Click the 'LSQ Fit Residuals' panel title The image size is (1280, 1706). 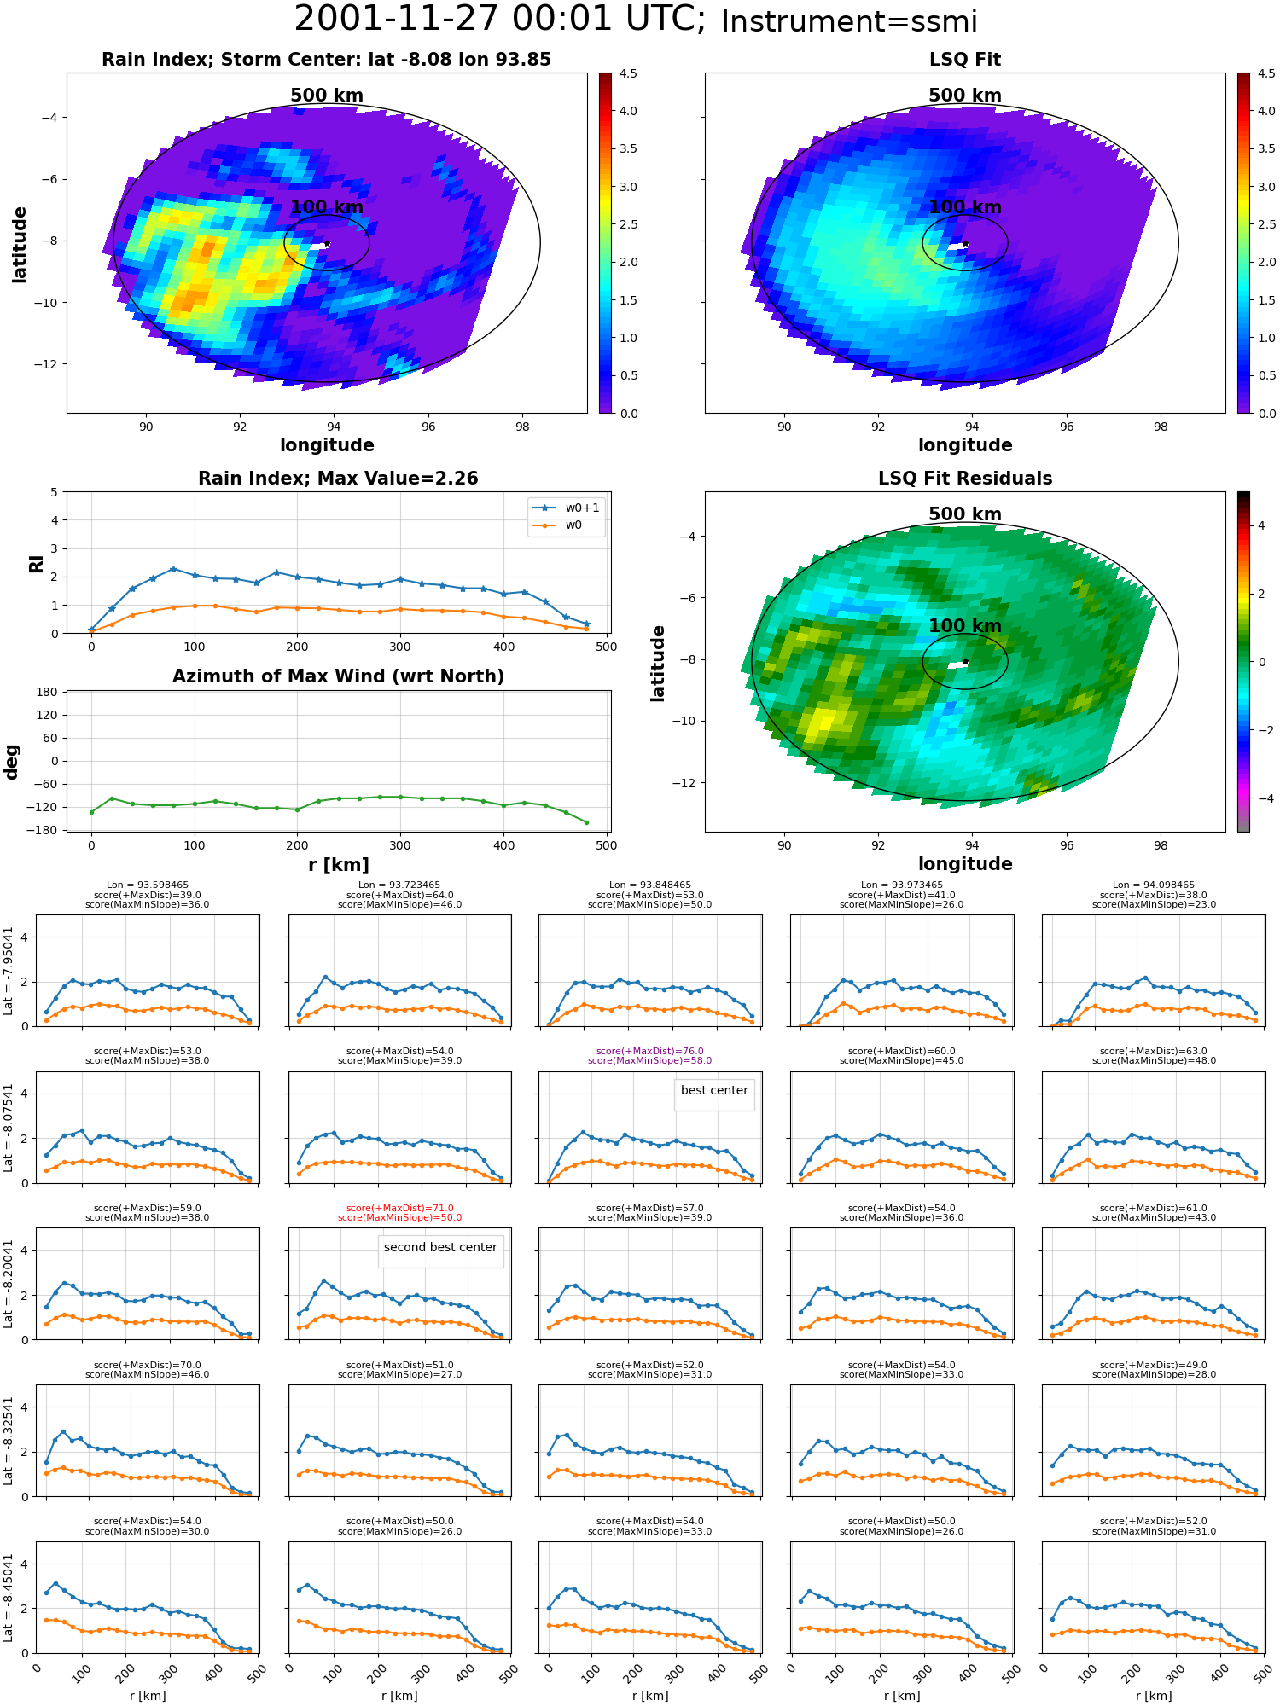pos(965,479)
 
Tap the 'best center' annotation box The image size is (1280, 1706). pos(714,1091)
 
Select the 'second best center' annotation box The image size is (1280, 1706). pos(440,1248)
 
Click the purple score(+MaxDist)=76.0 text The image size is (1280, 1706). pos(650,1052)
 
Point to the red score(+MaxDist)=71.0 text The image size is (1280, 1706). pos(399,1209)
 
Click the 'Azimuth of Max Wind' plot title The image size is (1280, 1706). pos(338,676)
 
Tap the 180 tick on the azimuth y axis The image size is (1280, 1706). pos(47,692)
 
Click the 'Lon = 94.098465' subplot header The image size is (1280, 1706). pos(1154,885)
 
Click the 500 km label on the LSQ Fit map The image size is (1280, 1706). pos(965,96)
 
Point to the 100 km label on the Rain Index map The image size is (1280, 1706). pos(327,207)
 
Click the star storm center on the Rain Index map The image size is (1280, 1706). pos(327,244)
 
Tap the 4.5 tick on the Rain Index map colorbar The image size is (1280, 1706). pos(628,73)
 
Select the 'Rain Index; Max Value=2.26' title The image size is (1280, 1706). pos(338,479)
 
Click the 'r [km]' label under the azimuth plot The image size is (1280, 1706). pos(338,865)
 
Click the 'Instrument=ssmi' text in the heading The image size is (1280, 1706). pos(849,21)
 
